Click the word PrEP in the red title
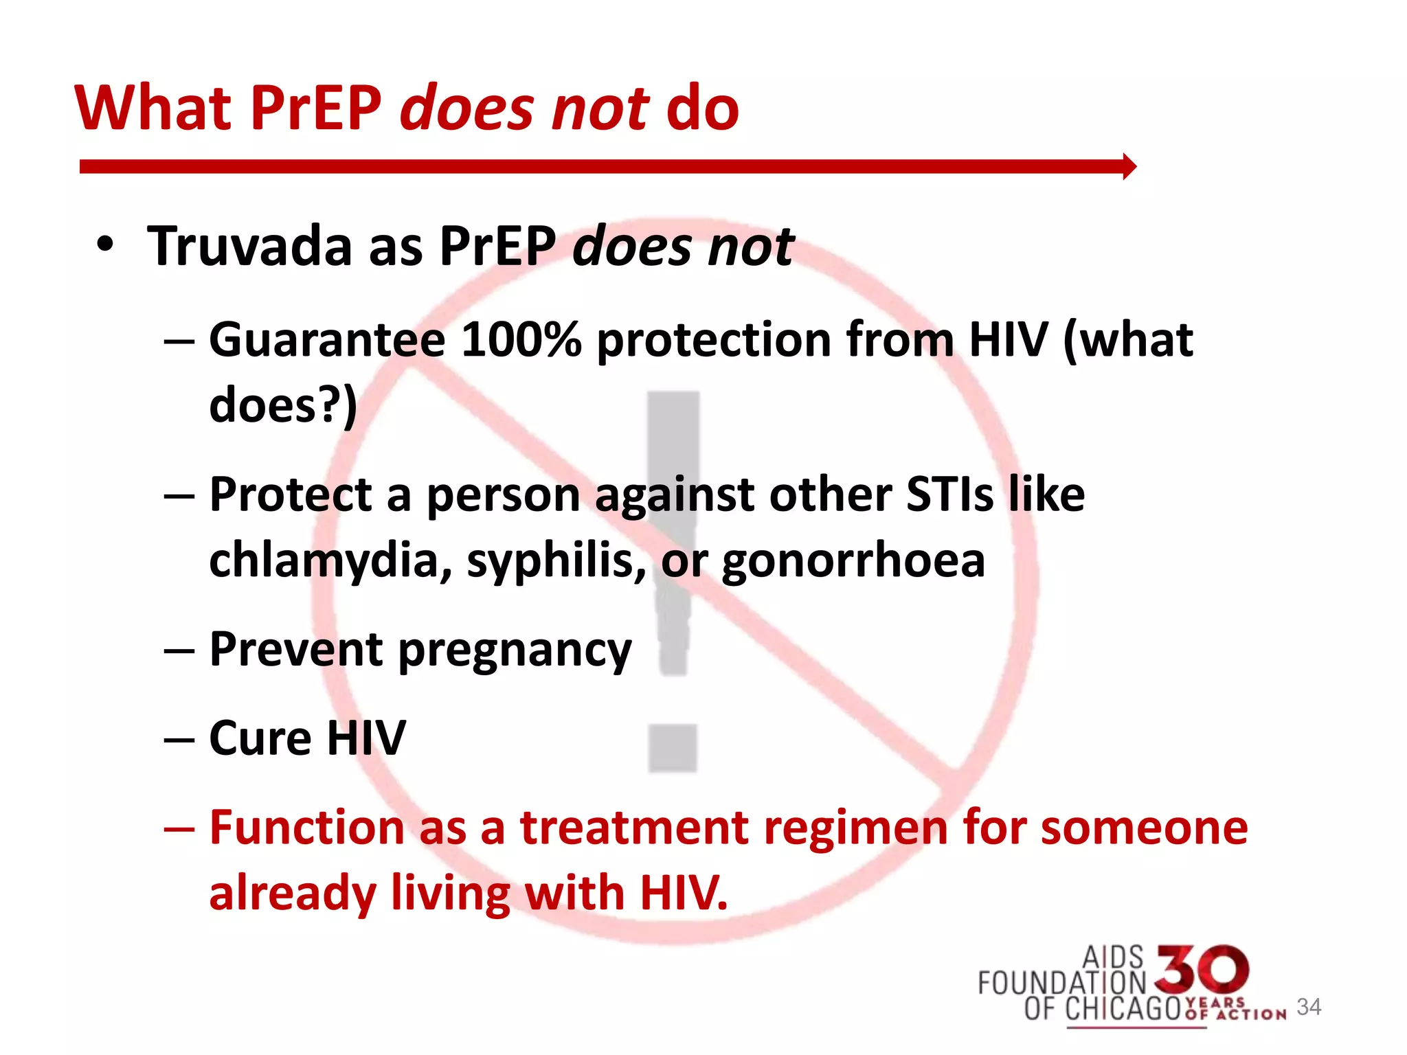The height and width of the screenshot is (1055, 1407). pyautogui.click(x=315, y=109)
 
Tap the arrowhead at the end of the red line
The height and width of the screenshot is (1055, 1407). pyautogui.click(x=1129, y=166)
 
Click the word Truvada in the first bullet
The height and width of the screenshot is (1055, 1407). pyautogui.click(x=249, y=246)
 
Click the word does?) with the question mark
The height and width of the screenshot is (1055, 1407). pyautogui.click(x=283, y=405)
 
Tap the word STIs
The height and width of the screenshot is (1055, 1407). pyautogui.click(x=949, y=495)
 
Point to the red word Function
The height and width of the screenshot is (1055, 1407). pyautogui.click(x=306, y=827)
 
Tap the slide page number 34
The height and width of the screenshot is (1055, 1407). pyautogui.click(x=1309, y=1007)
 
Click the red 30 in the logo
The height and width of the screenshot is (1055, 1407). pyautogui.click(x=1202, y=970)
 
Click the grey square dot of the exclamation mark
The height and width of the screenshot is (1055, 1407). pyautogui.click(x=673, y=748)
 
